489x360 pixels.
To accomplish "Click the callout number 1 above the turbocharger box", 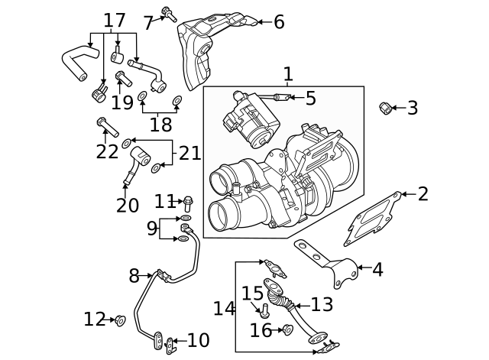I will click(288, 75).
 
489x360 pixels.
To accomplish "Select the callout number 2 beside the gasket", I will click(423, 194).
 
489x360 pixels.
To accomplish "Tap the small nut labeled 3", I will click(387, 109).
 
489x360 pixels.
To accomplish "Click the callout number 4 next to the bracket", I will click(377, 270).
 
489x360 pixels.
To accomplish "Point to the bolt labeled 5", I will click(280, 97).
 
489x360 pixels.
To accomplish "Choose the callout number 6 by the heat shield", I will click(278, 22).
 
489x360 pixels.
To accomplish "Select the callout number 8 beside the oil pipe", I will click(134, 275).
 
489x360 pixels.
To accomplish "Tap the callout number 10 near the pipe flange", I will click(198, 341).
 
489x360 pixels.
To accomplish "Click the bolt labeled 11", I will click(187, 203).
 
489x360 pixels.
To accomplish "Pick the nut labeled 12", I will click(120, 320).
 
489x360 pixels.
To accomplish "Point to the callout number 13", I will click(322, 305).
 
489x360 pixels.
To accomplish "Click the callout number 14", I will click(225, 309).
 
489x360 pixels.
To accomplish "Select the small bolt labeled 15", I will click(265, 310).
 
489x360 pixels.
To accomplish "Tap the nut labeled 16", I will click(288, 330).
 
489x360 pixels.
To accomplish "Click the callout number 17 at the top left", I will click(115, 21).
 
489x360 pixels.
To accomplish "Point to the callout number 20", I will click(128, 206).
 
